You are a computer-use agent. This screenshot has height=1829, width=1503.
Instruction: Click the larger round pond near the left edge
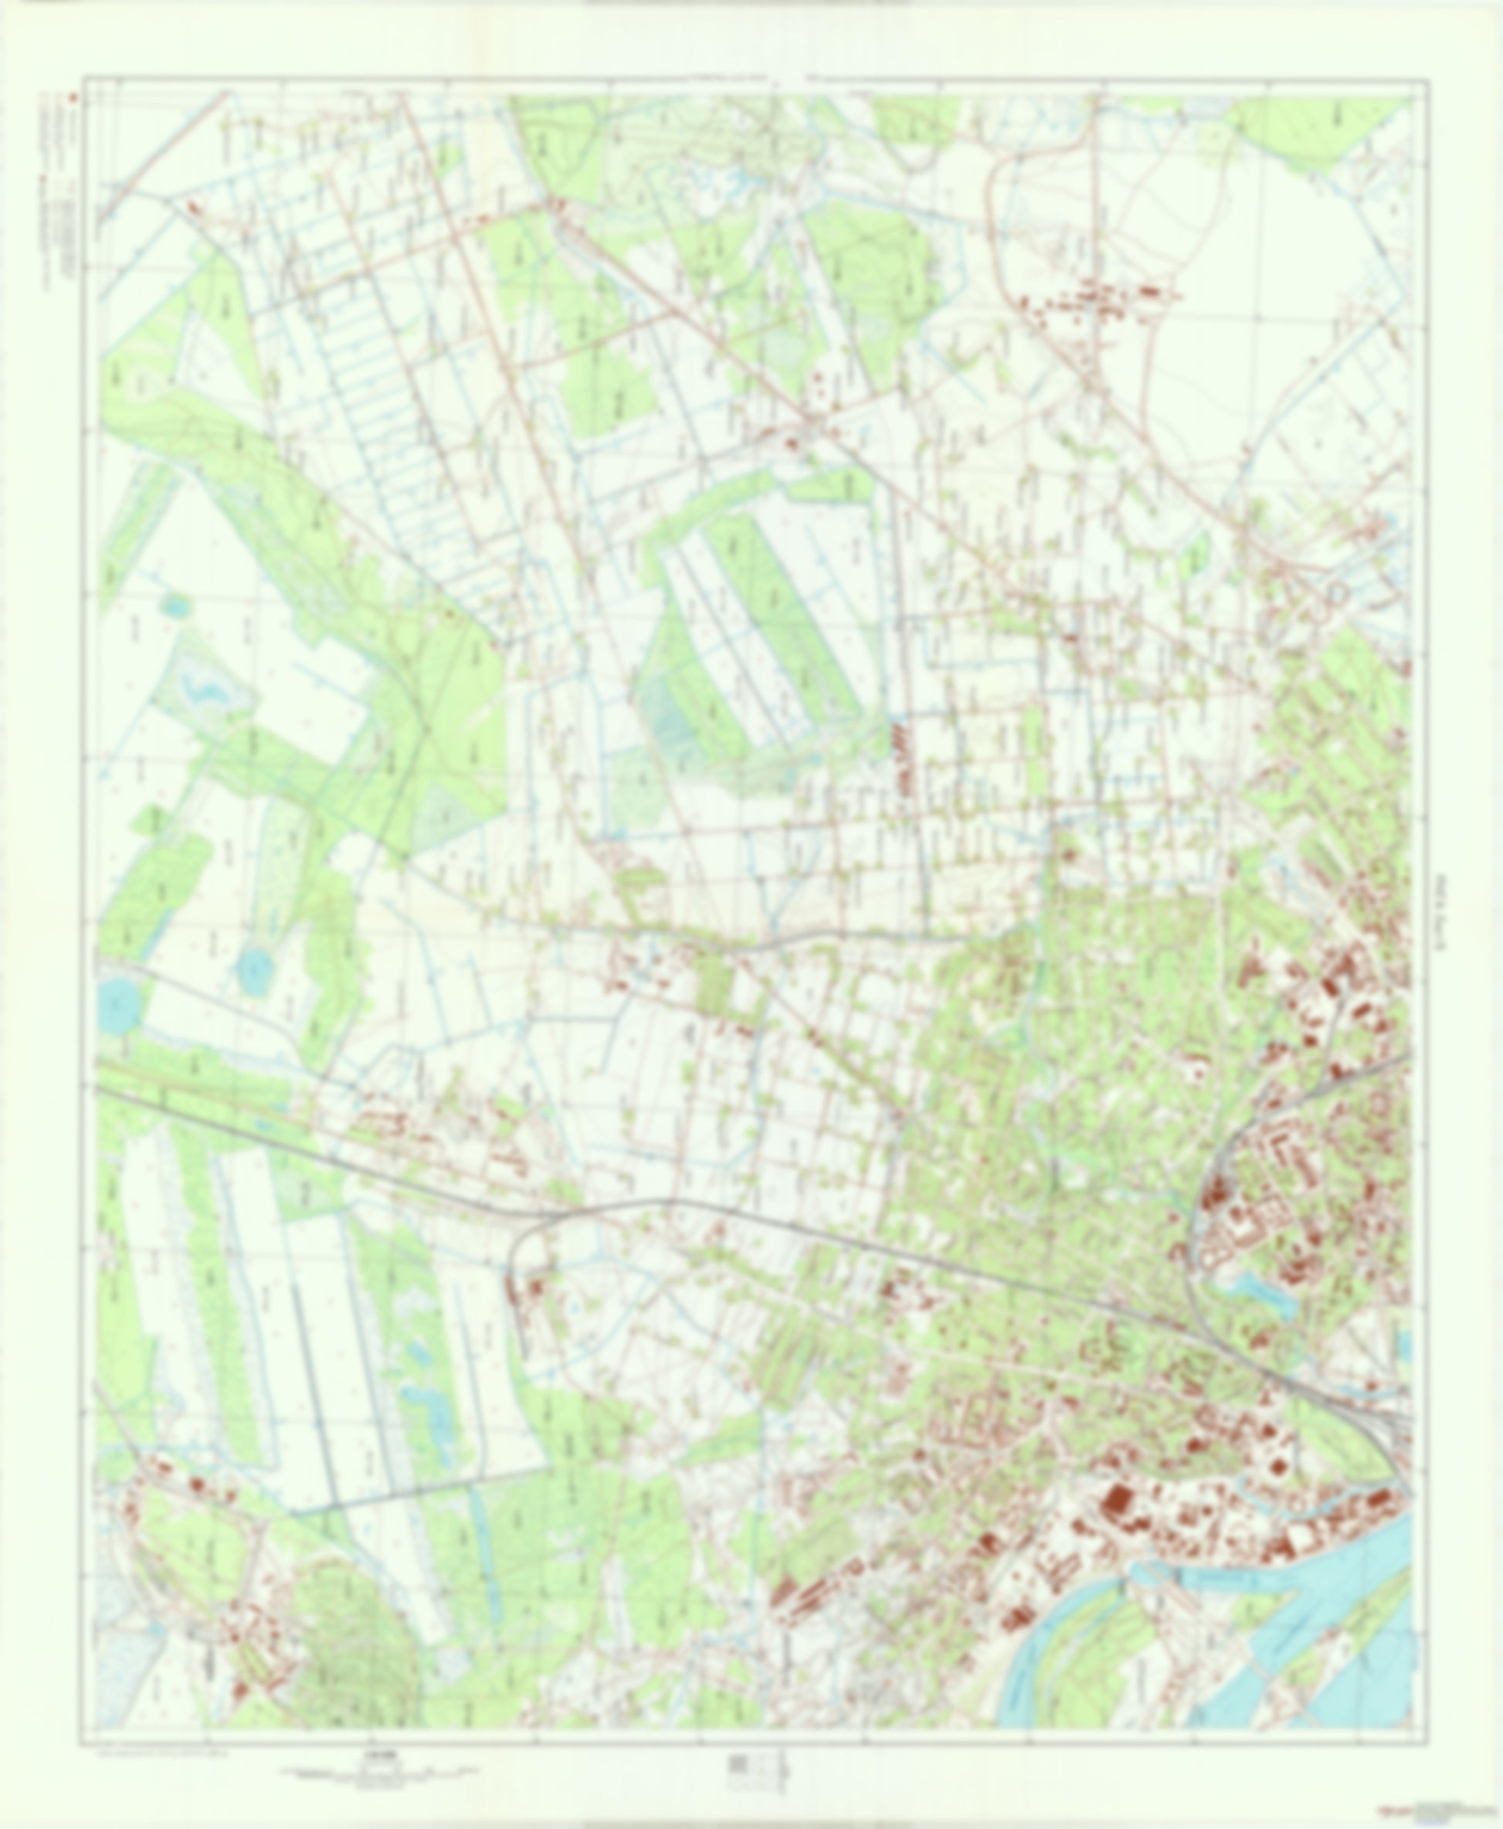[x=119, y=1004]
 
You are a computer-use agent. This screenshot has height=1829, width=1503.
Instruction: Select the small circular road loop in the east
[x=1338, y=594]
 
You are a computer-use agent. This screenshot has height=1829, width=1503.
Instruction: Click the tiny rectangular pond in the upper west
[x=177, y=606]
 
